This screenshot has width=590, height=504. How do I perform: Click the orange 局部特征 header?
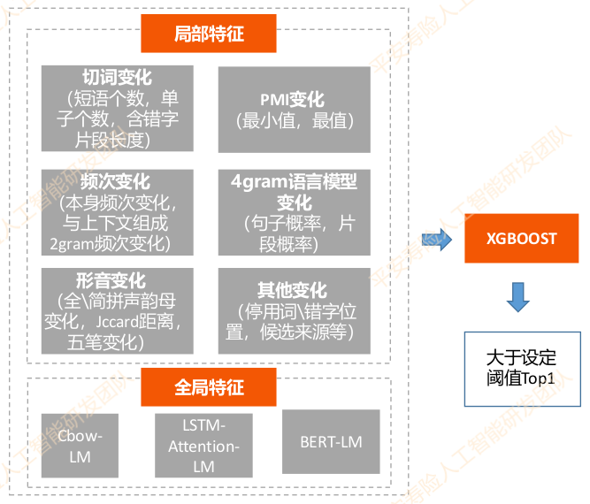tap(209, 34)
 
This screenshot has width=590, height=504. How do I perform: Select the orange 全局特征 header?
tap(209, 386)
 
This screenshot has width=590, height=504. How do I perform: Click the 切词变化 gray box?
tap(117, 108)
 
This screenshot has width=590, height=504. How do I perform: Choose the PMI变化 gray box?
tap(294, 110)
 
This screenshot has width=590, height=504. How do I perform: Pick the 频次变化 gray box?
tap(117, 211)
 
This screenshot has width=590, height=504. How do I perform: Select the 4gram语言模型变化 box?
tap(294, 211)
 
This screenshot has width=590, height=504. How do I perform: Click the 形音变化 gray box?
tap(117, 311)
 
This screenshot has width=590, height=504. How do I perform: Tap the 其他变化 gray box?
tap(294, 311)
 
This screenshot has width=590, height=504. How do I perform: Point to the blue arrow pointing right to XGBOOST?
tap(438, 239)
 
